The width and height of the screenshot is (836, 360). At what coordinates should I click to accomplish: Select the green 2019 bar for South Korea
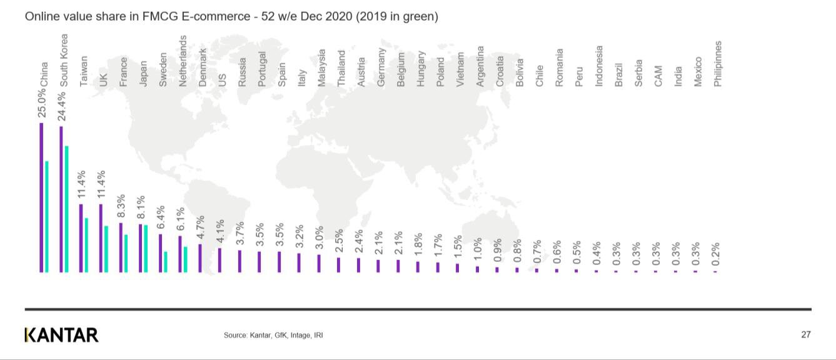click(66, 209)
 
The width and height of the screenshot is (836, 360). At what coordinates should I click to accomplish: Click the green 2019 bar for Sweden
click(166, 262)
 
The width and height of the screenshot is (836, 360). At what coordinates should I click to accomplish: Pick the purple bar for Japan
click(141, 248)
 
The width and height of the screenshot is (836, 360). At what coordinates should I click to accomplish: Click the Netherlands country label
click(183, 61)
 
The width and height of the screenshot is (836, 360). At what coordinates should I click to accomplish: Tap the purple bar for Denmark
click(200, 258)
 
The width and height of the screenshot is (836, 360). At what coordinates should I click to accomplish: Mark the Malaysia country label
click(321, 67)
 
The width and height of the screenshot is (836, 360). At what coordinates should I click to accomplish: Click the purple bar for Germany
click(378, 266)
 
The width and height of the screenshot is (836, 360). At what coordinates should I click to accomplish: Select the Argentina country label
click(480, 66)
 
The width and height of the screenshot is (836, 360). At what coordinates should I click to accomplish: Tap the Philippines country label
click(718, 64)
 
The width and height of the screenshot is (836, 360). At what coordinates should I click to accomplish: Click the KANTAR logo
click(61, 335)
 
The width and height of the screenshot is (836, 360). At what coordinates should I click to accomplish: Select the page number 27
click(806, 335)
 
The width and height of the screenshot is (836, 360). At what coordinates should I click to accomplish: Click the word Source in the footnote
click(235, 336)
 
